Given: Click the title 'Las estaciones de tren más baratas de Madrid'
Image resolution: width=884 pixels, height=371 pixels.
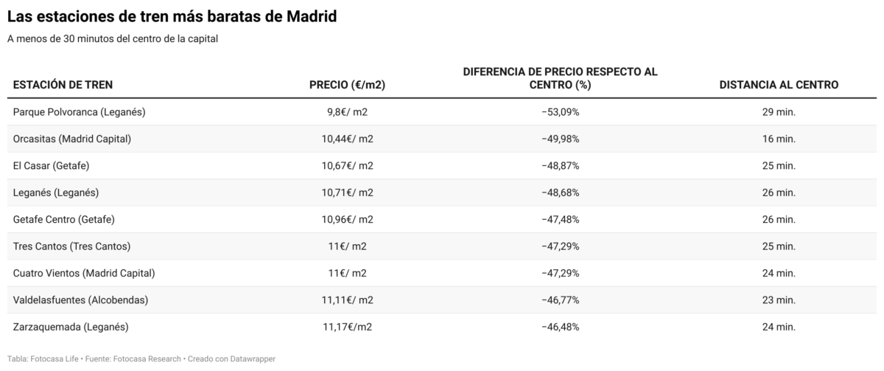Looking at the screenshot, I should point(172,16).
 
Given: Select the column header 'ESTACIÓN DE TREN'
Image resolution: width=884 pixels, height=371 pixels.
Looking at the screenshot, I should point(63,85).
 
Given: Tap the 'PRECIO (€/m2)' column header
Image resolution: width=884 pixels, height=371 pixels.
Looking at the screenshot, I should point(347,85).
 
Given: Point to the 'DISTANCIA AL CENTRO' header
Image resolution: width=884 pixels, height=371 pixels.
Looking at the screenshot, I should point(779,85).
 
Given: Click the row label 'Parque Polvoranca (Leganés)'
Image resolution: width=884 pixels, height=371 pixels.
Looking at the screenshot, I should point(80,112).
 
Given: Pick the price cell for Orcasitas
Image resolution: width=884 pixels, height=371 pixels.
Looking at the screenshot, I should point(347,139).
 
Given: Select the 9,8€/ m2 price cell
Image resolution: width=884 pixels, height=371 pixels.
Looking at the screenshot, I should point(347,112).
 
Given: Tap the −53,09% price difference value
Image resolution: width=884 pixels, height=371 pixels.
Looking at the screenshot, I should point(560,112).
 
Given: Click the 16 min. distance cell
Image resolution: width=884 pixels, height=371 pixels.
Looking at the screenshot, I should point(779,139).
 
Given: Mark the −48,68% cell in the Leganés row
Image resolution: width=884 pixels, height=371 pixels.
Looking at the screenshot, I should point(560,193).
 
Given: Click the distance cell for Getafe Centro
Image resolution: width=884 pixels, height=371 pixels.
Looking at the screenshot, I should point(779,219).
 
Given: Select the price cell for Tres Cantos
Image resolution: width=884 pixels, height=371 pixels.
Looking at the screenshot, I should point(347,246).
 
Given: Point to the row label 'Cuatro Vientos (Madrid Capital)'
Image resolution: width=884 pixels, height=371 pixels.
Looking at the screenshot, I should point(84,273).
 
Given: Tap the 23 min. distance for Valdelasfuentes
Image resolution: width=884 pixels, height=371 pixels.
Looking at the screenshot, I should point(779,300).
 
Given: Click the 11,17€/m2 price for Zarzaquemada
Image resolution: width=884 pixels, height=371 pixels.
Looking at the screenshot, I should point(347,327).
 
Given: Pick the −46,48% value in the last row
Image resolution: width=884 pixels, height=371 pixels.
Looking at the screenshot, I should point(560,327).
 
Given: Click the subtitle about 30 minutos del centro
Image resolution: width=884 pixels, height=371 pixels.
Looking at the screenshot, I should point(112,39).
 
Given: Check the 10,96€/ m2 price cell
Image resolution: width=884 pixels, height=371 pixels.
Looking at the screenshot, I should point(347,219).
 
